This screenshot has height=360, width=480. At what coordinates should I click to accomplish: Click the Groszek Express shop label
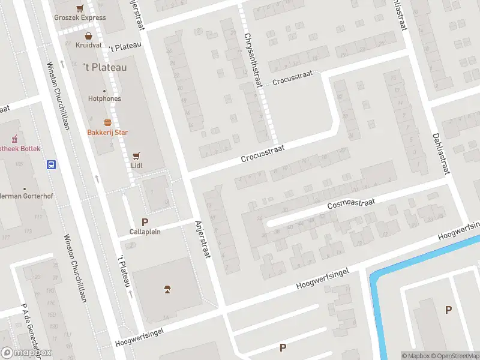tap(80, 17)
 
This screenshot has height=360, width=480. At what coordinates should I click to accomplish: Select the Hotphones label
tap(104, 98)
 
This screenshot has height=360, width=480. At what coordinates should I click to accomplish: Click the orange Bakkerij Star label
tap(108, 132)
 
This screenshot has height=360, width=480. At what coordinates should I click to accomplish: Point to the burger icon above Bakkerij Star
tap(107, 122)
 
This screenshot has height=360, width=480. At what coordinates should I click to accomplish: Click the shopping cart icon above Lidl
tap(136, 154)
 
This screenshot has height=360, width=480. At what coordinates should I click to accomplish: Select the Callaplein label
tap(145, 232)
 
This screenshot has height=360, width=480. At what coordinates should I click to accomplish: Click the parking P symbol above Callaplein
tap(145, 222)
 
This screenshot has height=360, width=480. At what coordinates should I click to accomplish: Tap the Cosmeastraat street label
tap(351, 204)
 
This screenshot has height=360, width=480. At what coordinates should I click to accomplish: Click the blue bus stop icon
tap(52, 164)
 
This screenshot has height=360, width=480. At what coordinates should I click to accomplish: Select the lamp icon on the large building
tap(167, 291)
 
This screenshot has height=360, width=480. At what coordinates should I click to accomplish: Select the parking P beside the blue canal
tap(448, 310)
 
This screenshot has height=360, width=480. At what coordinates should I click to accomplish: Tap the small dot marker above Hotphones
tap(104, 91)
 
